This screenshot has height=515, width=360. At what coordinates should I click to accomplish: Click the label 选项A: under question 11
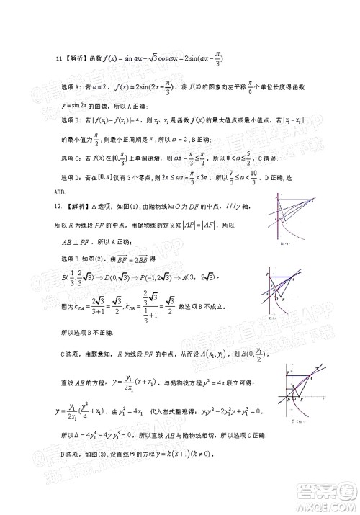[x=66, y=87]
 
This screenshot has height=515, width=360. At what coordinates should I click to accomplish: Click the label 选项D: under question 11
[x=66, y=177]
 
